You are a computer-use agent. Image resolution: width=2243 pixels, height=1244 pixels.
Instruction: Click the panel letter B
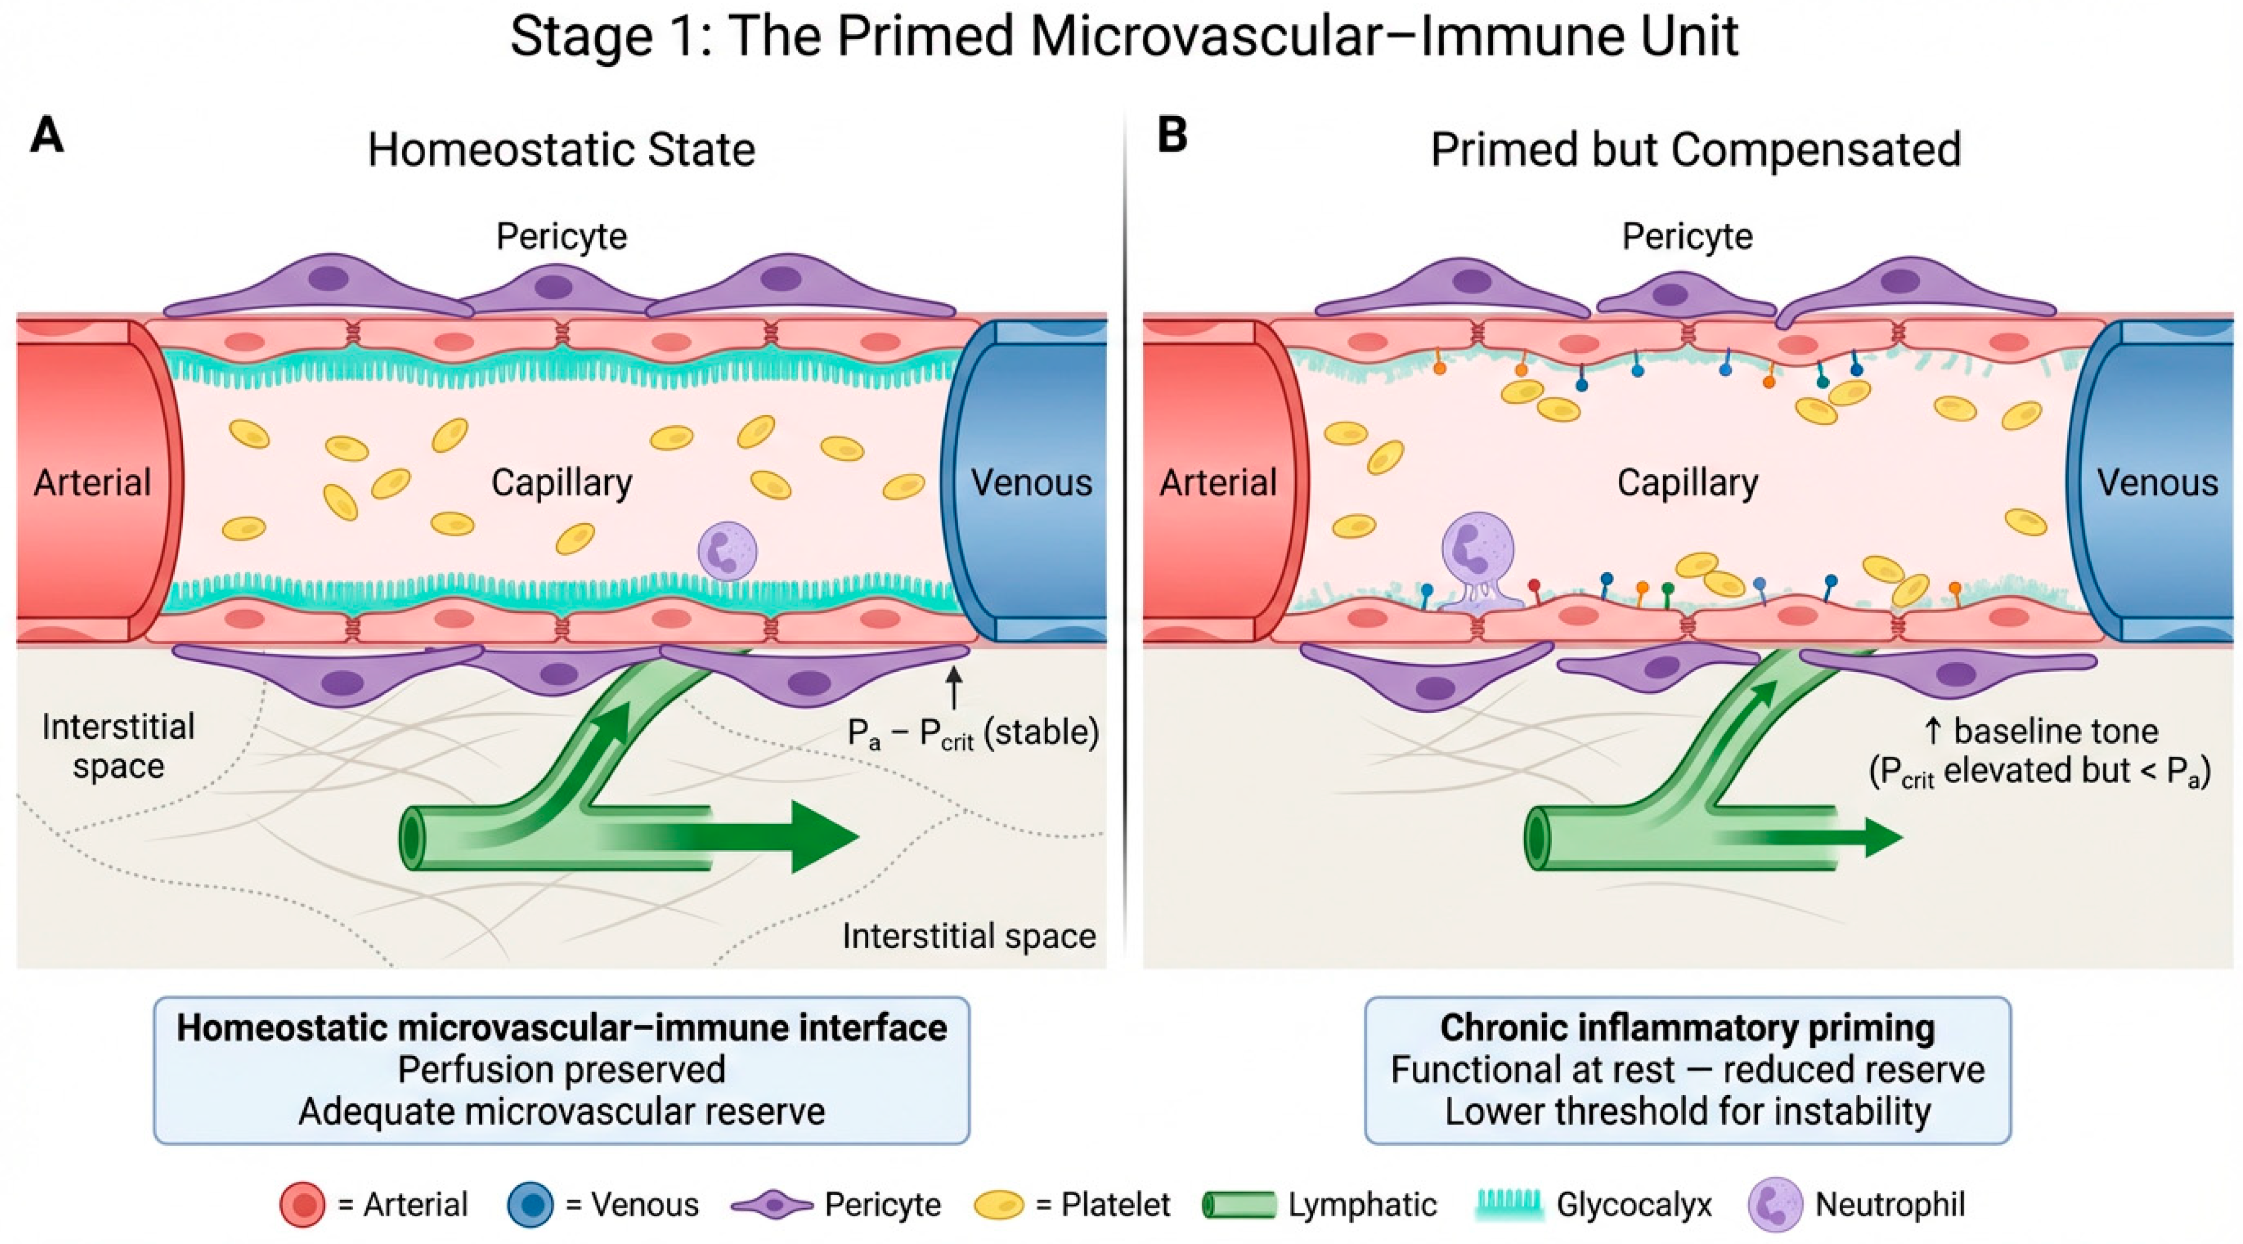click(x=1172, y=136)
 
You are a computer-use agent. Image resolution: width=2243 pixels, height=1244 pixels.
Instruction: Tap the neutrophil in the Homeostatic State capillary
click(x=727, y=551)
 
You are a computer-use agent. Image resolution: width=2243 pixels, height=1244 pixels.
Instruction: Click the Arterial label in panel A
click(x=92, y=482)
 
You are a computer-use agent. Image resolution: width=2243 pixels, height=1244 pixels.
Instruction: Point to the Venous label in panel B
click(x=2157, y=482)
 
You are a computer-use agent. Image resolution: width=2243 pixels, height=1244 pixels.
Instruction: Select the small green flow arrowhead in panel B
click(x=1884, y=837)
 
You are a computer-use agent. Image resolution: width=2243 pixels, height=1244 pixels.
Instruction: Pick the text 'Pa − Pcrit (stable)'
click(x=973, y=734)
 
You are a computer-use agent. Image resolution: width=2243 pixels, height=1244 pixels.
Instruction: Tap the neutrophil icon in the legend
click(x=1775, y=1204)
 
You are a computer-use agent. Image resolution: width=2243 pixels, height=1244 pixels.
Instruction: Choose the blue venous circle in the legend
click(x=530, y=1205)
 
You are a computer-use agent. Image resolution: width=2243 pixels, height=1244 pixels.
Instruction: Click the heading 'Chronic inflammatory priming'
click(x=1687, y=1028)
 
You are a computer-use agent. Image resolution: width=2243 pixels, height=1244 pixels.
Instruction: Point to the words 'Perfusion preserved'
click(x=562, y=1070)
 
